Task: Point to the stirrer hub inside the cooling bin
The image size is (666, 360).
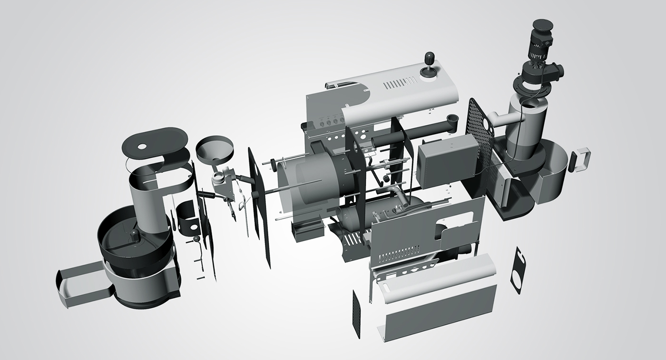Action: click(135, 234)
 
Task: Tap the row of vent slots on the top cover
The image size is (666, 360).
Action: click(398, 85)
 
